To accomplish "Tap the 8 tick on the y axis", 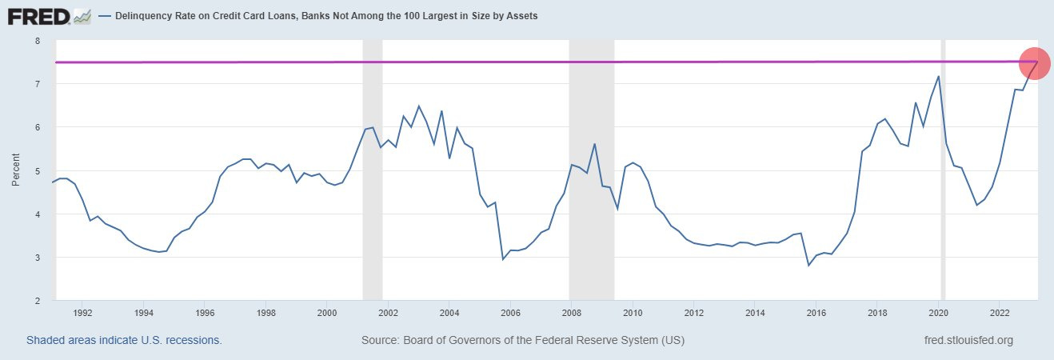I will (x=36, y=41).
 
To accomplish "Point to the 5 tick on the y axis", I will (x=36, y=171).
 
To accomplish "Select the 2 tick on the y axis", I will (x=36, y=301).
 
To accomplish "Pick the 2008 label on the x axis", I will (x=572, y=313).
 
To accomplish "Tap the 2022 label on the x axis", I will (x=1000, y=313).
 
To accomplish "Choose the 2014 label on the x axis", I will (x=755, y=313).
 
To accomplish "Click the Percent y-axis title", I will (x=16, y=170).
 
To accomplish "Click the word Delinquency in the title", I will (x=142, y=16).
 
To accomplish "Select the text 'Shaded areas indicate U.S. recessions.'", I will (x=124, y=340).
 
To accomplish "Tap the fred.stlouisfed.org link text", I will (x=968, y=340).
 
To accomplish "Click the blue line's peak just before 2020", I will (x=938, y=76).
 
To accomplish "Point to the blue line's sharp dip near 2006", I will (x=503, y=259).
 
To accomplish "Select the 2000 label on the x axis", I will (x=327, y=313).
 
